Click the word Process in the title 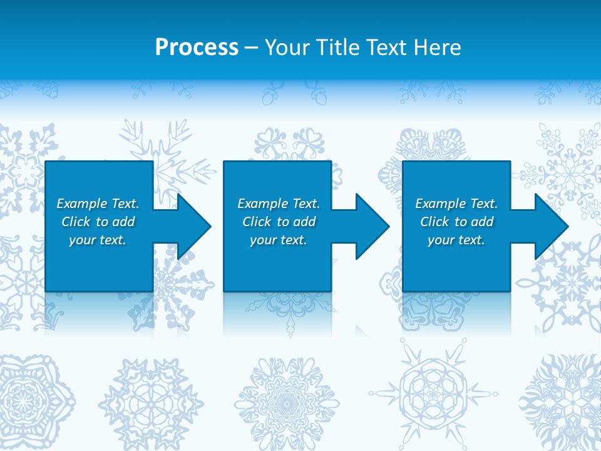(197, 48)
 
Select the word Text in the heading (386, 48)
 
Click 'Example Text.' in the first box (98, 204)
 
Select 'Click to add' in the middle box (279, 222)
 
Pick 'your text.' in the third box (456, 240)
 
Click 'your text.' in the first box (98, 240)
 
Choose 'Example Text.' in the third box (456, 204)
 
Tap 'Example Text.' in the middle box (279, 204)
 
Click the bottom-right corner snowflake (567, 395)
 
